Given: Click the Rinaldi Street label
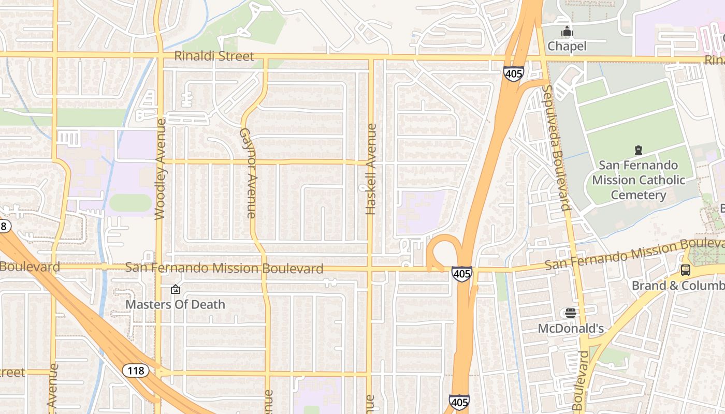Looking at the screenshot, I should point(214,56).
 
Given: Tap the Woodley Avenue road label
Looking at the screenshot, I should point(160,169).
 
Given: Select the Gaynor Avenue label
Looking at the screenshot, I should point(248,173).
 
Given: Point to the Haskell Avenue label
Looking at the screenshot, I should point(371,169).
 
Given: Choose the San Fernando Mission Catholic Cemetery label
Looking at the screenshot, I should point(639,180).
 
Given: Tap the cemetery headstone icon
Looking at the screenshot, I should point(638,151).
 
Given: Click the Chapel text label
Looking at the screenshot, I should point(567,46).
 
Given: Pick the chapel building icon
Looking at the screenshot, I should point(567,32).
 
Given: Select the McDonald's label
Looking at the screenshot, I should point(571,329).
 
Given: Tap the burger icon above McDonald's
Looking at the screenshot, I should point(571,313).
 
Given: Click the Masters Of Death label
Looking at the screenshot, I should point(176,304).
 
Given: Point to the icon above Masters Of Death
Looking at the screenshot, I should point(176,289).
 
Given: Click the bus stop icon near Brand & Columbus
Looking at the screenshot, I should point(686,270).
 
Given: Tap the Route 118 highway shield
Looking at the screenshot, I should point(136,371).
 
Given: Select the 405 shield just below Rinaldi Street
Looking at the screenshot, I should point(513,73).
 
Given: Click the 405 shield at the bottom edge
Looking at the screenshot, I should point(459,402).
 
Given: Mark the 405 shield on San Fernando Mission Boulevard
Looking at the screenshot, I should point(461,274).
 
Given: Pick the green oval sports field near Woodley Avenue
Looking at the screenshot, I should point(130,203).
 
